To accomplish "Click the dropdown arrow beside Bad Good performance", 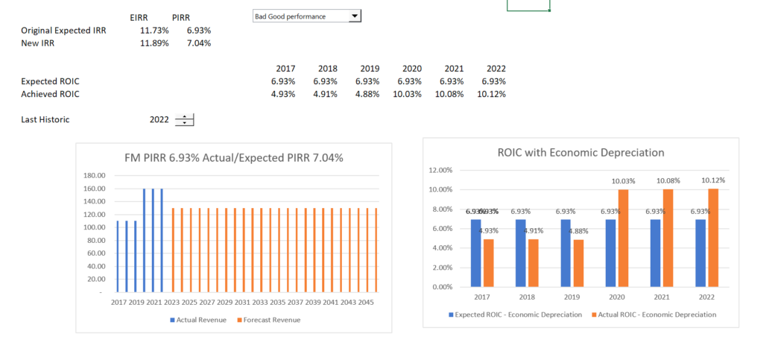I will [x=355, y=16].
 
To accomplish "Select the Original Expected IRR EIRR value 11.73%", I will [x=154, y=31].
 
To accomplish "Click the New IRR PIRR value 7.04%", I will [x=199, y=43].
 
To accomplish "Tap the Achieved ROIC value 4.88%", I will [x=367, y=94].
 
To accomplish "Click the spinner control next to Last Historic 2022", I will [x=184, y=119].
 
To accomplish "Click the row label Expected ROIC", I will [x=50, y=81].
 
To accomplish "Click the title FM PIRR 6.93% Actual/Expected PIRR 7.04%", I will [x=233, y=157].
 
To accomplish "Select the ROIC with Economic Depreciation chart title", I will [x=581, y=152].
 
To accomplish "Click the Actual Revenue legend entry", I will [x=198, y=320].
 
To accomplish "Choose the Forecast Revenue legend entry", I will [x=268, y=320].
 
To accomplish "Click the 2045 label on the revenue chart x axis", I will [x=366, y=303].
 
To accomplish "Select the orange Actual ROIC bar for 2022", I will [x=712, y=238].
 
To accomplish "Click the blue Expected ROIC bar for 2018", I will [x=520, y=253].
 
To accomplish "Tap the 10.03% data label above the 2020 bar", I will [x=623, y=181].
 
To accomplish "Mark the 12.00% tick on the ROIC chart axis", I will [x=441, y=170].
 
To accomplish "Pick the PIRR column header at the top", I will [x=182, y=18].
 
